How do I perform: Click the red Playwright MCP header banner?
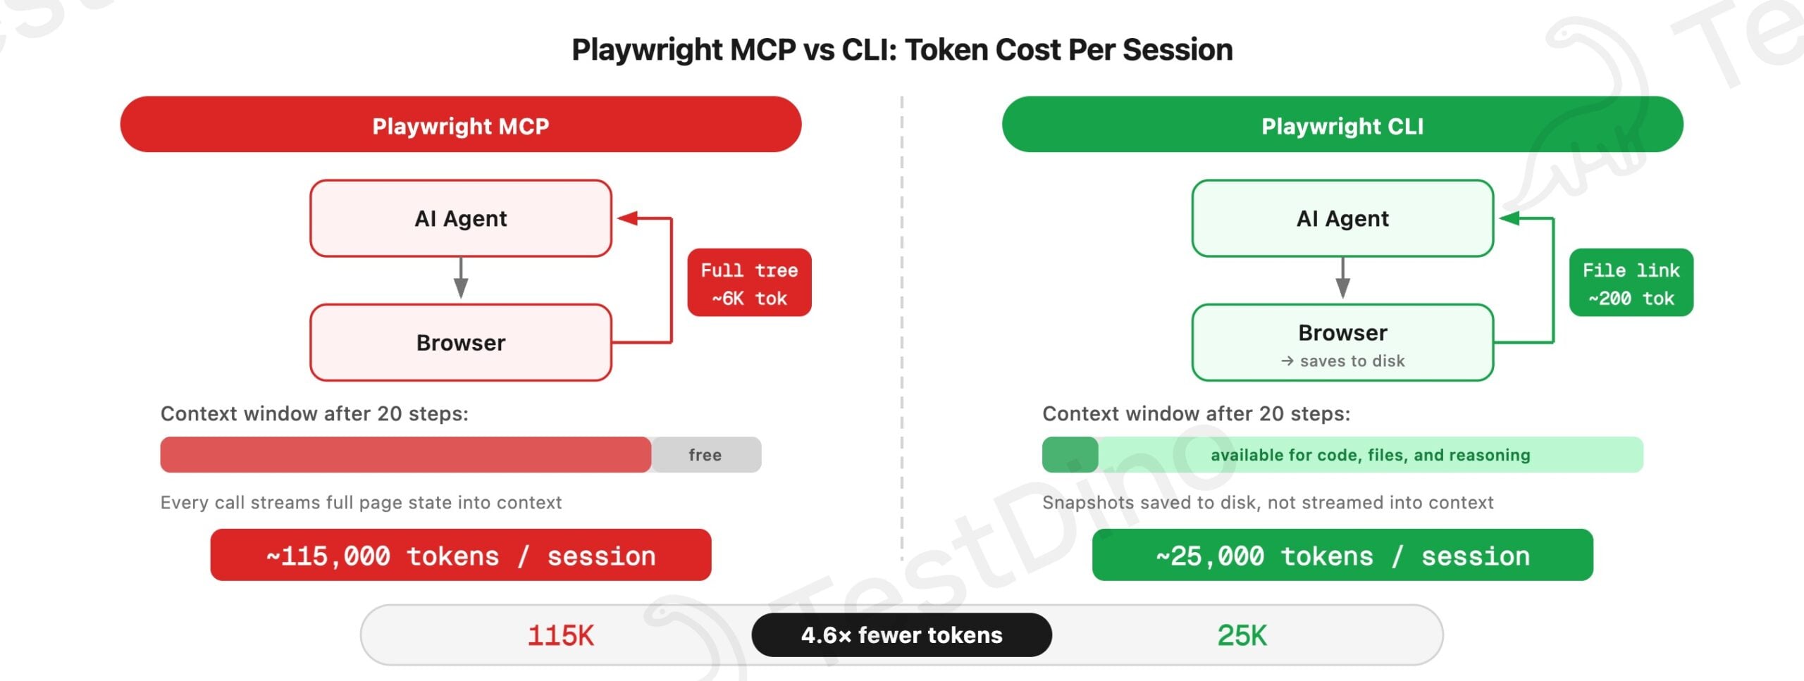click(460, 125)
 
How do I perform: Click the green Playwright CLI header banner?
click(1342, 125)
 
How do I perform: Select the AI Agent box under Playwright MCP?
click(460, 218)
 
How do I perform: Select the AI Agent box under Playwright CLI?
click(1342, 218)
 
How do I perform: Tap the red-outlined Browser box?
click(460, 343)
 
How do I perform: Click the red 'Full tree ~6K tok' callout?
click(749, 282)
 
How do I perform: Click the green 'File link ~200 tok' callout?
click(1631, 282)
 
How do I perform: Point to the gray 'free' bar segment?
click(705, 455)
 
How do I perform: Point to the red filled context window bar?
click(405, 455)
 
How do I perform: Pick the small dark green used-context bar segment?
click(1070, 455)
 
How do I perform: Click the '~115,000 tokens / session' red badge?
click(460, 556)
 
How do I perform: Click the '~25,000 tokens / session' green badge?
click(1342, 556)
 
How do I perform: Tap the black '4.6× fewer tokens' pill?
click(901, 635)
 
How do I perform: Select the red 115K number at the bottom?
click(560, 635)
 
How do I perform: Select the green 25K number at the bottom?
click(1242, 635)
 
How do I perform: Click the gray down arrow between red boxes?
click(461, 279)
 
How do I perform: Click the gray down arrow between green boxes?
click(1342, 279)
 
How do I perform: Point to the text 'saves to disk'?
click(1352, 361)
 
